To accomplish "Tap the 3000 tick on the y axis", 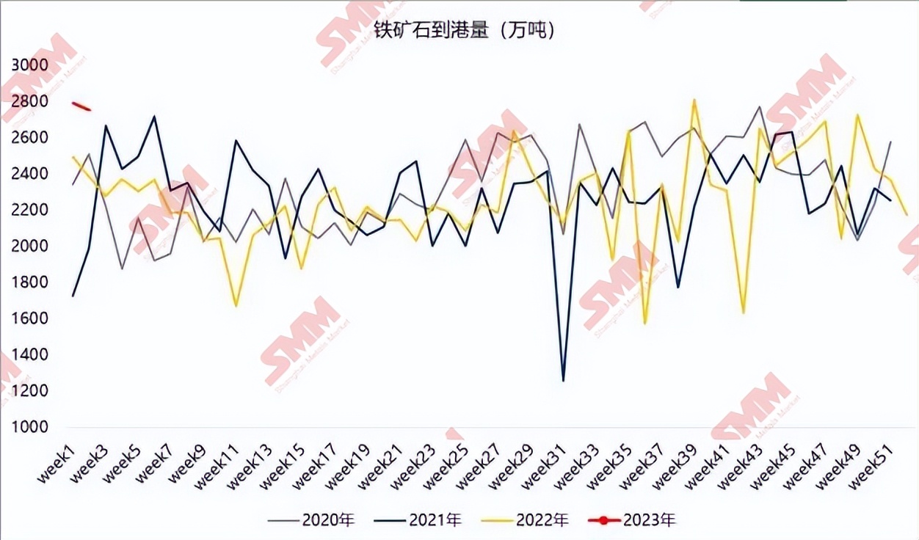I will (x=29, y=65).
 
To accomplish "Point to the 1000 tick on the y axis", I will (x=29, y=427).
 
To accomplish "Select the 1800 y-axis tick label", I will (x=29, y=282).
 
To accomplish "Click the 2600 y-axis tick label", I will (x=29, y=138).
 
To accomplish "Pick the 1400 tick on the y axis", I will (x=29, y=355).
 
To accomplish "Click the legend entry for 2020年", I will (x=311, y=520).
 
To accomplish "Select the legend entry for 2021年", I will (x=418, y=520).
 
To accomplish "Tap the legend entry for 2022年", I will (x=526, y=520).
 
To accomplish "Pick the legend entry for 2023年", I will (x=633, y=520).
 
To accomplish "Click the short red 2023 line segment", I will (x=81, y=106).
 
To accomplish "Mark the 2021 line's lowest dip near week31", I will (x=563, y=380).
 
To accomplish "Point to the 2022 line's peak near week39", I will (x=694, y=100).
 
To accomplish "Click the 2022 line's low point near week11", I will (x=236, y=306).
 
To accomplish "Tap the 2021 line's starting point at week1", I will (x=73, y=296).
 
